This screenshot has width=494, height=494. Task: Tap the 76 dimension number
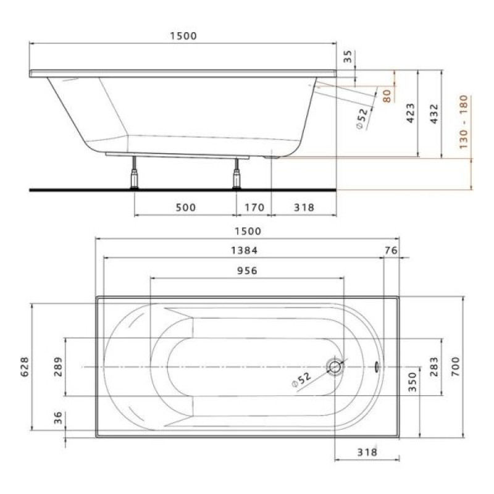click(390, 250)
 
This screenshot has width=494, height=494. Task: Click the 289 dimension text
click(57, 368)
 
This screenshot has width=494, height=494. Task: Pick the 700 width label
click(472, 368)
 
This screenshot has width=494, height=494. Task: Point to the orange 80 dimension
click(387, 96)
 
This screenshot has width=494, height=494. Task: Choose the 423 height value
click(411, 114)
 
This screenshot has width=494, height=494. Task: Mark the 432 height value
click(433, 114)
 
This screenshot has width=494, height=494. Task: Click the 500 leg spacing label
click(185, 207)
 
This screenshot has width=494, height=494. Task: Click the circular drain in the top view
click(335, 367)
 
